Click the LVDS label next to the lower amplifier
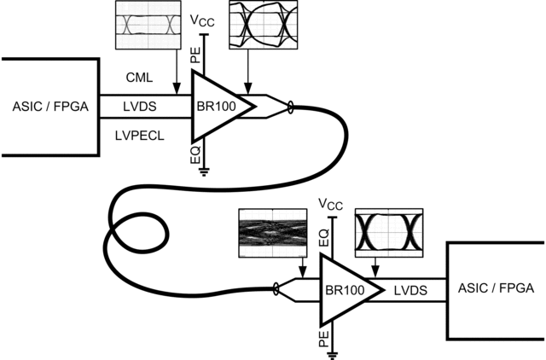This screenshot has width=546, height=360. pos(411,290)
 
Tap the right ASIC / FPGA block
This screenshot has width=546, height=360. pos(496,289)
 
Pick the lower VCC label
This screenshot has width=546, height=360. pos(330,204)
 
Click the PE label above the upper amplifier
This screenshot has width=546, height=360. pos(195,56)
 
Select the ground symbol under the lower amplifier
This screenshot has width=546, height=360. pos(334,351)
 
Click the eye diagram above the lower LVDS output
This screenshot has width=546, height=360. pos(389,229)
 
